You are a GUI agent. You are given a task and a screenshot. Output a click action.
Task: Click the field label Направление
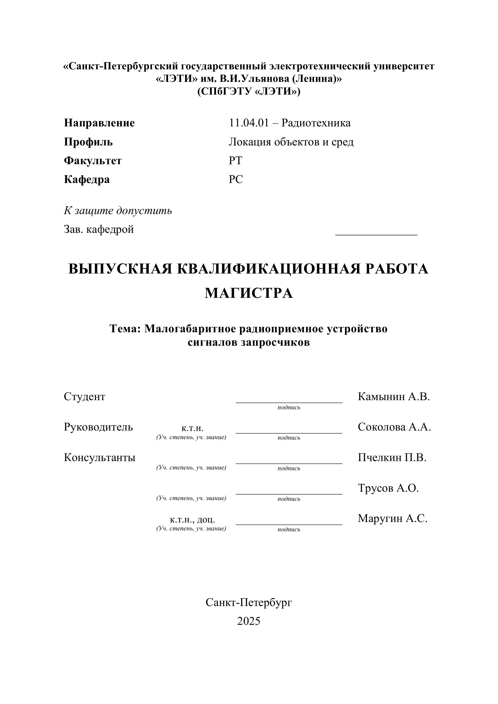(x=99, y=123)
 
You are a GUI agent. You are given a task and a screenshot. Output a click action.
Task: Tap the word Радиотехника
(x=316, y=123)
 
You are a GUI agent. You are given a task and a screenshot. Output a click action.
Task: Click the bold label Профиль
(x=88, y=142)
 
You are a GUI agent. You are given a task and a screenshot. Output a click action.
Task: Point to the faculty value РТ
(x=235, y=161)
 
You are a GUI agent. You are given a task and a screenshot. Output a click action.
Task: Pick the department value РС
(x=236, y=179)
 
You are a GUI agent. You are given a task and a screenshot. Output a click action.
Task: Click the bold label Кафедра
(x=86, y=179)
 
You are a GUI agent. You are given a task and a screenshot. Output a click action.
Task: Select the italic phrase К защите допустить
(x=118, y=211)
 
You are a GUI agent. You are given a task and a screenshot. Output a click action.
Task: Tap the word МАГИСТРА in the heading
(x=249, y=293)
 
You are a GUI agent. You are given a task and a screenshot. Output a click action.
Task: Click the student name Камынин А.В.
(x=394, y=397)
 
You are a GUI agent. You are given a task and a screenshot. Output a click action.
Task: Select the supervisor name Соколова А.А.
(x=394, y=427)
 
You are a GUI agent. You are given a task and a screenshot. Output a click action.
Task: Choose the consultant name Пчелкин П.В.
(x=392, y=457)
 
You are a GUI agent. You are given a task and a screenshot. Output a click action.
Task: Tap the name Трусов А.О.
(x=388, y=488)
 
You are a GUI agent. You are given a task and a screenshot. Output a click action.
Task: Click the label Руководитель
(x=98, y=427)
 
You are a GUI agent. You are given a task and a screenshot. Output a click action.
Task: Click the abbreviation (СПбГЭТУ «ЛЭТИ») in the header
(x=249, y=91)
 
